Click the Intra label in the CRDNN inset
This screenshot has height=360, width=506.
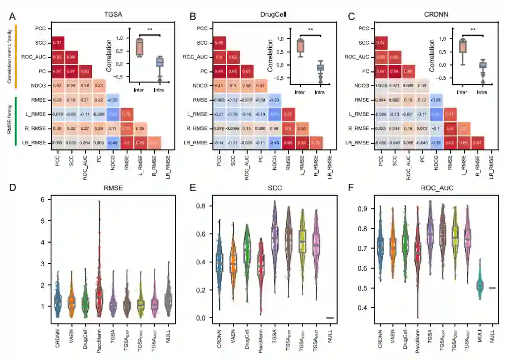[480, 92]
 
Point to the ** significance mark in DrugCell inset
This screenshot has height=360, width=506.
[311, 30]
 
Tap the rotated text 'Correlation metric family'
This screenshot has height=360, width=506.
[9, 55]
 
